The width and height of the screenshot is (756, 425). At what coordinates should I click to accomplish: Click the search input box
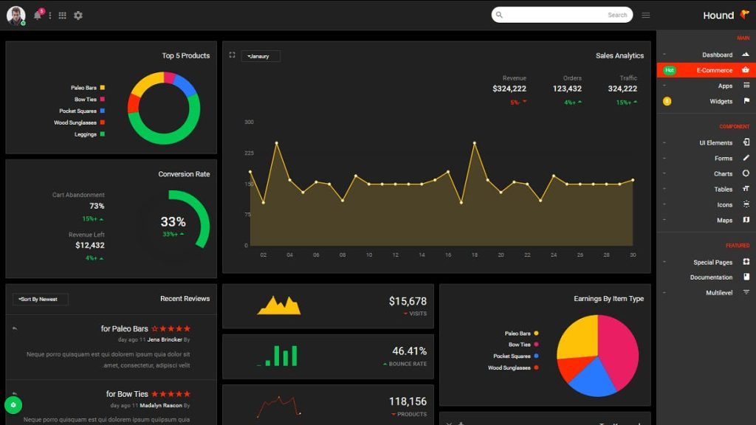pos(561,15)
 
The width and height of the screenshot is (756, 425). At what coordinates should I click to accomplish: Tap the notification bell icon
pos(38,15)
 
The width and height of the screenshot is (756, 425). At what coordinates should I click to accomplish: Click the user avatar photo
pos(16,15)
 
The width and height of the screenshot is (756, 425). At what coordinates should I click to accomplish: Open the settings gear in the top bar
pos(78,15)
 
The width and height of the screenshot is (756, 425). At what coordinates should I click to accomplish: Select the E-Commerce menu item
pos(714,70)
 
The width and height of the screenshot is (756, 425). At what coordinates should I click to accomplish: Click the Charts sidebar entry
pos(723,174)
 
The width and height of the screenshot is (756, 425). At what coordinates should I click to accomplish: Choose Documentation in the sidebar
pos(711,277)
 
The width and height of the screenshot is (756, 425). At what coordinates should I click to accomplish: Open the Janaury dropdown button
pos(261,56)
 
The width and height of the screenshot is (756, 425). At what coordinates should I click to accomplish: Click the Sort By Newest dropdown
pos(41,300)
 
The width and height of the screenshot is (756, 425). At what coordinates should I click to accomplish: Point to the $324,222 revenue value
pos(509,89)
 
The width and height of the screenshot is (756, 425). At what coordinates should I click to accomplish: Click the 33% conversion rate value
pos(173,221)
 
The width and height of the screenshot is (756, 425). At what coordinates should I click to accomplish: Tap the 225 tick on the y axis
pos(249,153)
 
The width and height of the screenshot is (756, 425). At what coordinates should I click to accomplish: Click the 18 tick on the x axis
pos(474,255)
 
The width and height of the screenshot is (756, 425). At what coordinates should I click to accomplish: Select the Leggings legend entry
pos(86,134)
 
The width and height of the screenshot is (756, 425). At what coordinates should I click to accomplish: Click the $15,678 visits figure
pos(408,301)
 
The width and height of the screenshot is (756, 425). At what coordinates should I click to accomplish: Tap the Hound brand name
pos(718,15)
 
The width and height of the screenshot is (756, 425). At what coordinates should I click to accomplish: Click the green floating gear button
pos(13,405)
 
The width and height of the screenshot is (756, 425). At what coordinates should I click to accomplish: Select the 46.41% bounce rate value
pos(409,351)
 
